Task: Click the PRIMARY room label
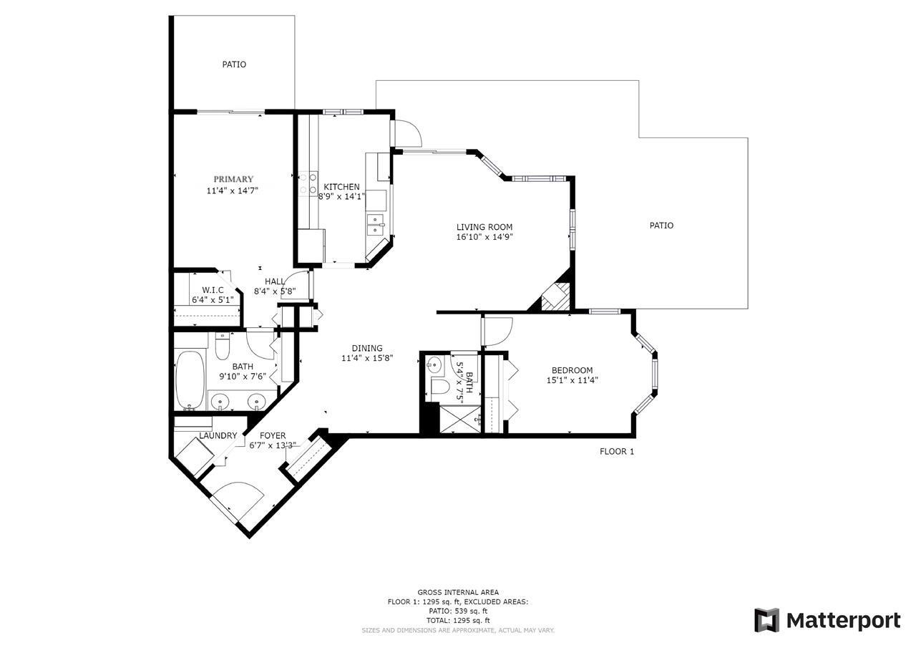233,179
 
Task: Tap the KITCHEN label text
342,187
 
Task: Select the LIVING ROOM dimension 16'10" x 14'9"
484,236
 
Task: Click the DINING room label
366,349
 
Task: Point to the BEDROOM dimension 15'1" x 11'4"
572,380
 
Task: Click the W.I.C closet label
213,289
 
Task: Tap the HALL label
275,282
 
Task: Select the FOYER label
273,435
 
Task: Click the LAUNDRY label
218,435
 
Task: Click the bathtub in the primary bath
190,379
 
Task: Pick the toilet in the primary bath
222,348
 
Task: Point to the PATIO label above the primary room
234,64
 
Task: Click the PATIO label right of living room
661,226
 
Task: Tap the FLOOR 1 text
617,451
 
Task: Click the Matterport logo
827,619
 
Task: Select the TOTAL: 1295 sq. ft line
458,620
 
